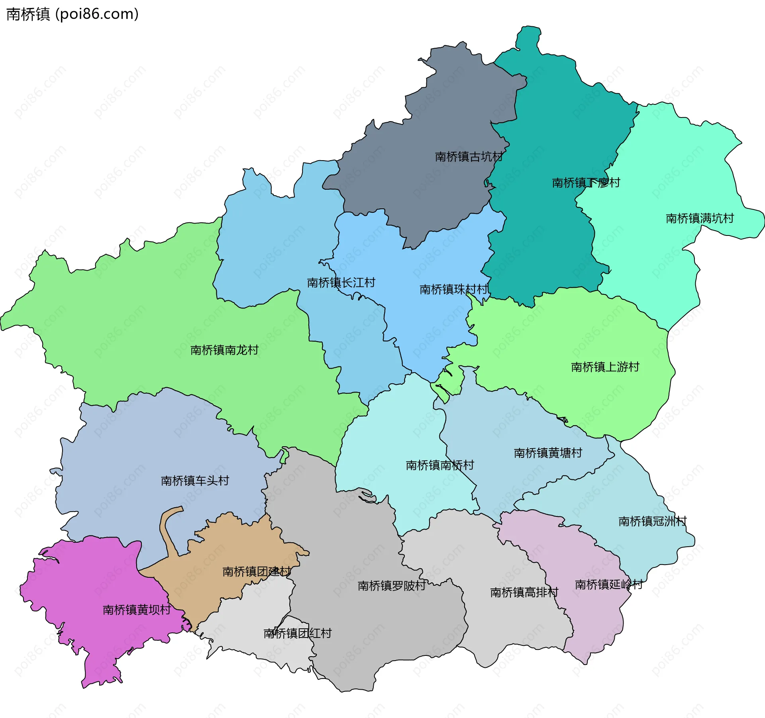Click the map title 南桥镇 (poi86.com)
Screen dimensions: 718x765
click(x=73, y=14)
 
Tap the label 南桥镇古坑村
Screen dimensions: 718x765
click(x=469, y=157)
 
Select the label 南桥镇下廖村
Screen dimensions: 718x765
click(x=586, y=183)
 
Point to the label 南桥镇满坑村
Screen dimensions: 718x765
click(x=700, y=218)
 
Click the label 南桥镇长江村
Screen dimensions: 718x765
click(x=341, y=282)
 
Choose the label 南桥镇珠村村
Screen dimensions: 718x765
click(x=454, y=289)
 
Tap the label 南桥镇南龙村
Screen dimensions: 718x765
click(x=224, y=350)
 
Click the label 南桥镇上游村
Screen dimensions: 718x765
click(x=605, y=367)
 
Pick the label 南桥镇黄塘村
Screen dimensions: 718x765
click(x=548, y=453)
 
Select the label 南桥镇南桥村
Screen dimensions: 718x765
click(x=440, y=465)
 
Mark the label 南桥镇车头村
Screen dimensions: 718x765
click(x=195, y=481)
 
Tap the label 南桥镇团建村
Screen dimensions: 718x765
click(x=257, y=571)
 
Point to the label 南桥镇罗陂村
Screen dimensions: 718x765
click(x=392, y=585)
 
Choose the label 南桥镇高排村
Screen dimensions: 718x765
click(x=524, y=592)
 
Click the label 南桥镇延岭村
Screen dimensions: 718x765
click(x=608, y=584)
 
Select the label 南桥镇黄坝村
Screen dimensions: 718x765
click(x=137, y=610)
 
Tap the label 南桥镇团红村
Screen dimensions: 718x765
click(x=297, y=633)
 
